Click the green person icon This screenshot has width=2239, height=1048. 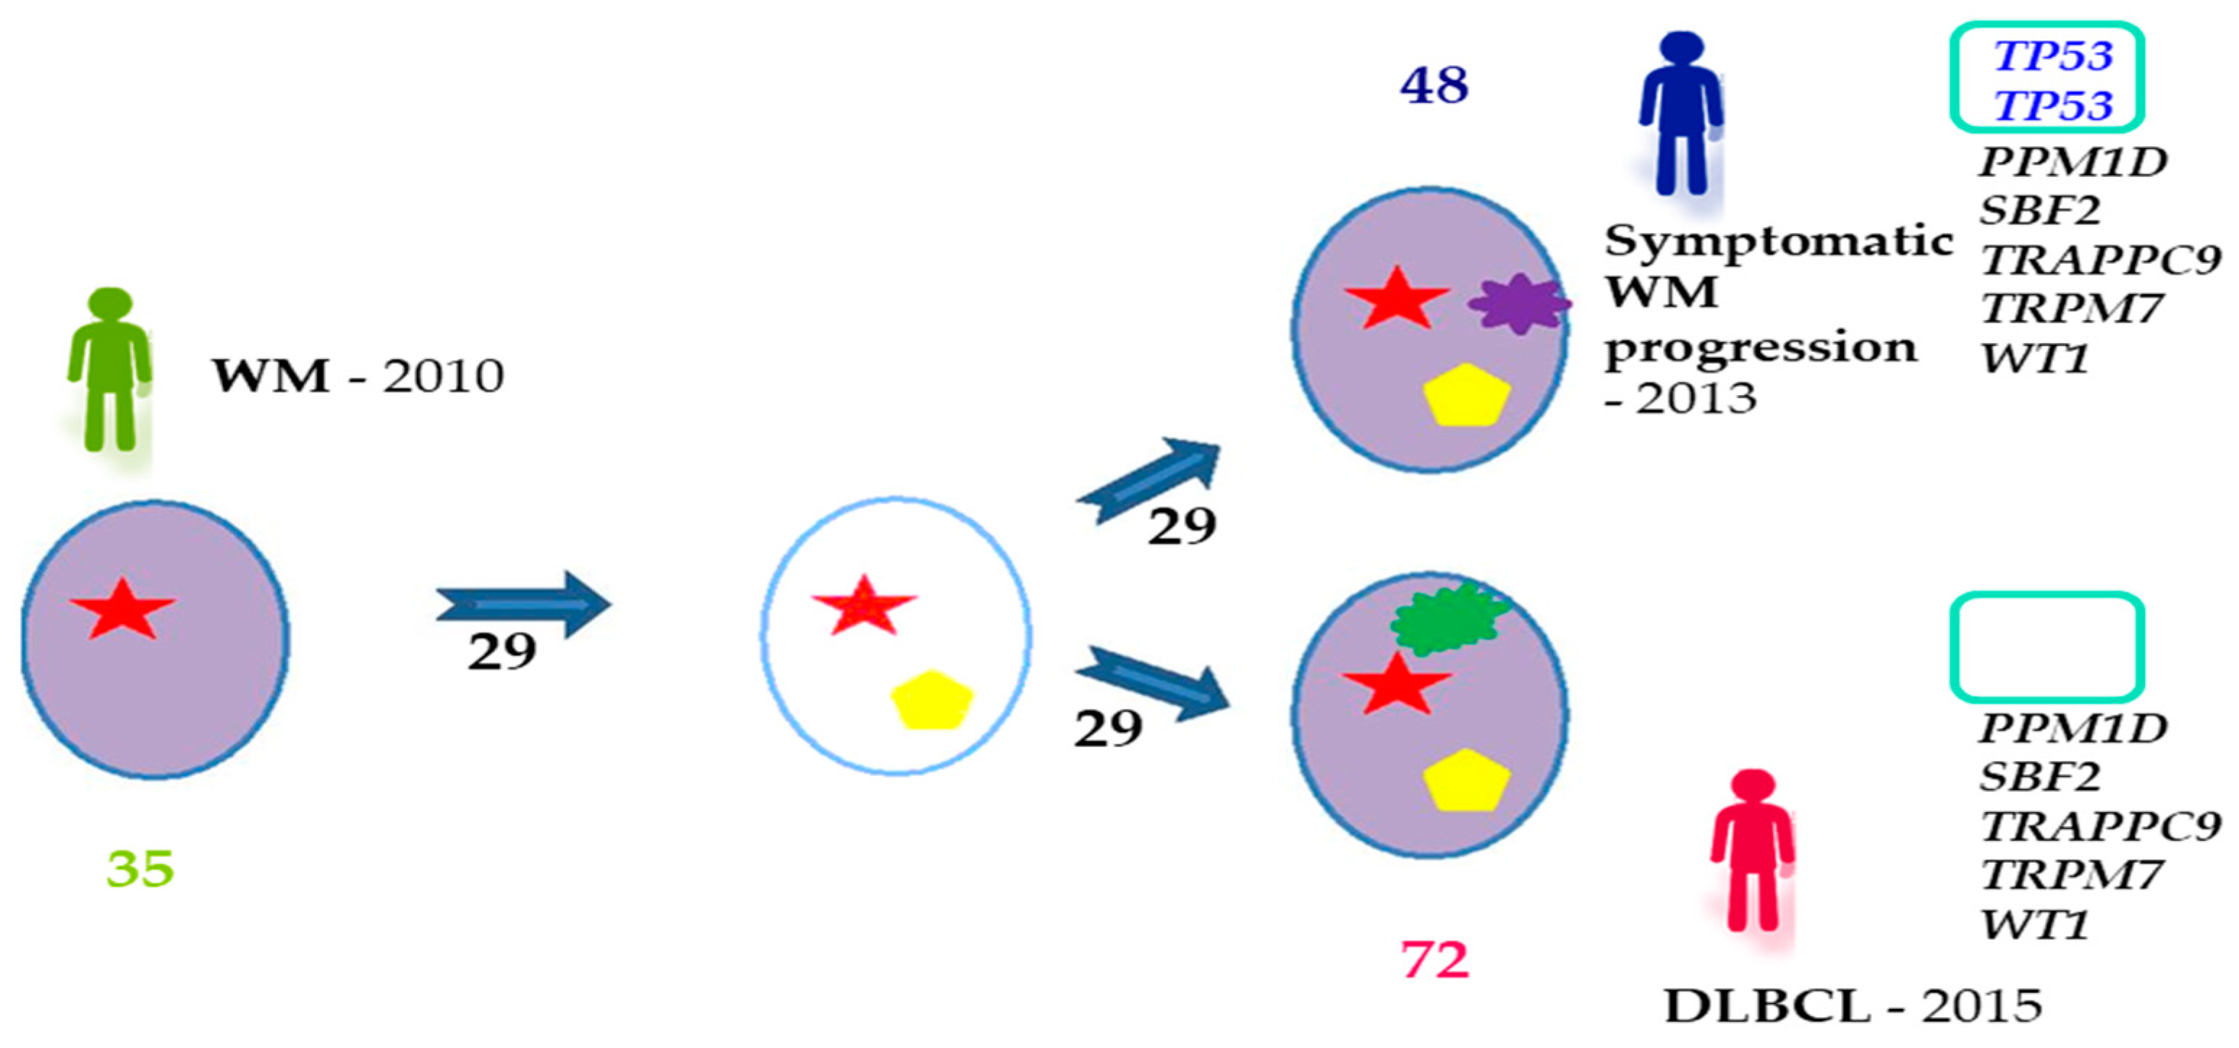tap(109, 370)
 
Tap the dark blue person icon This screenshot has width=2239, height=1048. tap(1680, 113)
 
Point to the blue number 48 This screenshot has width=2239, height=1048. tap(1434, 85)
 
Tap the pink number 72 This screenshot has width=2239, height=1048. tap(1434, 960)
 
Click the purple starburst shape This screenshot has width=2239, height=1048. tap(1520, 303)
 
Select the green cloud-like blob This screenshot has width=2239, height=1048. tap(1447, 618)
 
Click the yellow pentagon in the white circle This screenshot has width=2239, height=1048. tap(931, 699)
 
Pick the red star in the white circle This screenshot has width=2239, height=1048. tap(863, 605)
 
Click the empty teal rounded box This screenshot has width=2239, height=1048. tap(2047, 647)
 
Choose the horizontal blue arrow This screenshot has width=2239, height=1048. tap(523, 604)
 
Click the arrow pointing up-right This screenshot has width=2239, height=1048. tap(1149, 480)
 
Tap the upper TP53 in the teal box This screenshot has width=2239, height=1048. tap(2053, 56)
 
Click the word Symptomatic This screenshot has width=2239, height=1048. tap(1778, 241)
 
